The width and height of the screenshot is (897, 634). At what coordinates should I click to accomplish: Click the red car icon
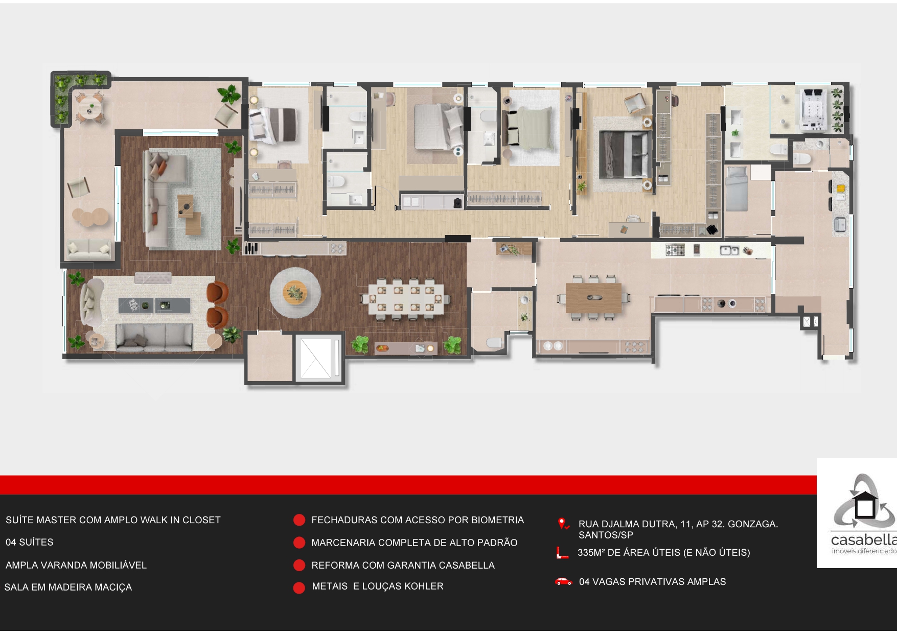click(563, 581)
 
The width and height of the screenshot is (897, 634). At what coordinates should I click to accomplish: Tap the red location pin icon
click(563, 524)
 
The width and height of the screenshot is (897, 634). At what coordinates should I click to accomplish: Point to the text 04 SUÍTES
click(29, 542)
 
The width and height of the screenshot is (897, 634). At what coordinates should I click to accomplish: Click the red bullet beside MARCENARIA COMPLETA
click(299, 543)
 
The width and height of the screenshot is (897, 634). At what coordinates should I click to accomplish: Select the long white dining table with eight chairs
click(406, 298)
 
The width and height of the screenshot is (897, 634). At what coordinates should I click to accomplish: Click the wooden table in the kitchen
click(593, 297)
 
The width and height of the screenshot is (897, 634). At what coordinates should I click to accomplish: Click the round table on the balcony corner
click(91, 107)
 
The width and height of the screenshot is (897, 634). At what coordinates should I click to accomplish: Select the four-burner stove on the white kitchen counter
click(675, 250)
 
